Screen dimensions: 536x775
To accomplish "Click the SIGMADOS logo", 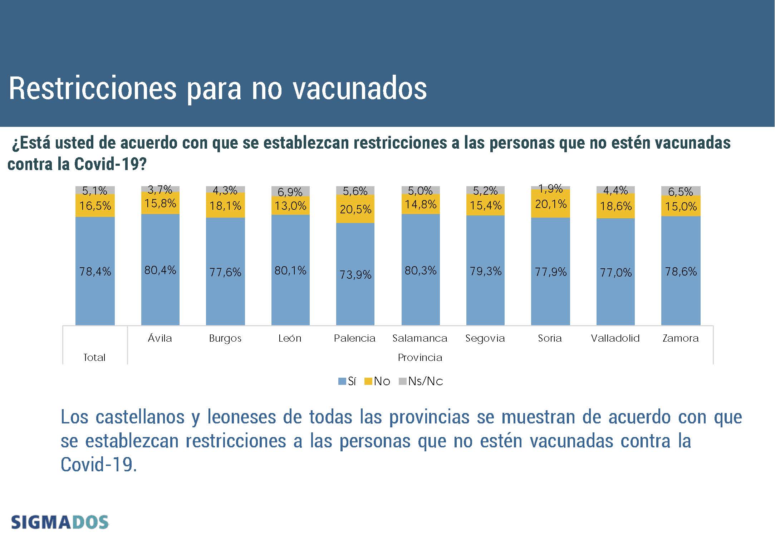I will [x=60, y=522].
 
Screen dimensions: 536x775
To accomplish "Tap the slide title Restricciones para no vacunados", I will [x=218, y=88].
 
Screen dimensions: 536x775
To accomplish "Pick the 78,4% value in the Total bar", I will [x=95, y=272].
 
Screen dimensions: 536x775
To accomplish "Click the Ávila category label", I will [x=160, y=338].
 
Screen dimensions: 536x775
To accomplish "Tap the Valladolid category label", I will [x=615, y=338].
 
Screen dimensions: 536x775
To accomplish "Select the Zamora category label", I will [x=681, y=338].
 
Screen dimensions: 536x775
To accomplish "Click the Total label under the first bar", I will [x=94, y=357].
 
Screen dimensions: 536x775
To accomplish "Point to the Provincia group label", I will [x=420, y=357].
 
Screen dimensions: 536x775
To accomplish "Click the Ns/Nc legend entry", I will [x=425, y=381].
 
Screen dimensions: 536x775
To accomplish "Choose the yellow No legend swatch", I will [x=368, y=382].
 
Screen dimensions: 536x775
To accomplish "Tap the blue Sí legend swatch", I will [x=342, y=382].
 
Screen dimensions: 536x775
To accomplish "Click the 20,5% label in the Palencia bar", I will [x=355, y=209].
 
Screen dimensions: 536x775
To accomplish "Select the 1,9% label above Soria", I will [x=550, y=188].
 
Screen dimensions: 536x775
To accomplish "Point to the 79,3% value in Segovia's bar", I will [x=486, y=271].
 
